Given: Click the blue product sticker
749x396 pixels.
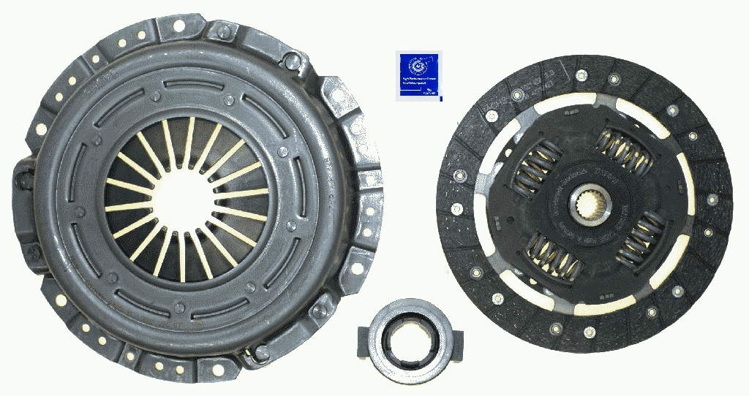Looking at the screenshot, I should [419, 75].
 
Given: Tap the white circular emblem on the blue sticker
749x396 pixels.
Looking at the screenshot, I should [418, 66].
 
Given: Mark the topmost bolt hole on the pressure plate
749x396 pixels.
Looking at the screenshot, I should [178, 26].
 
